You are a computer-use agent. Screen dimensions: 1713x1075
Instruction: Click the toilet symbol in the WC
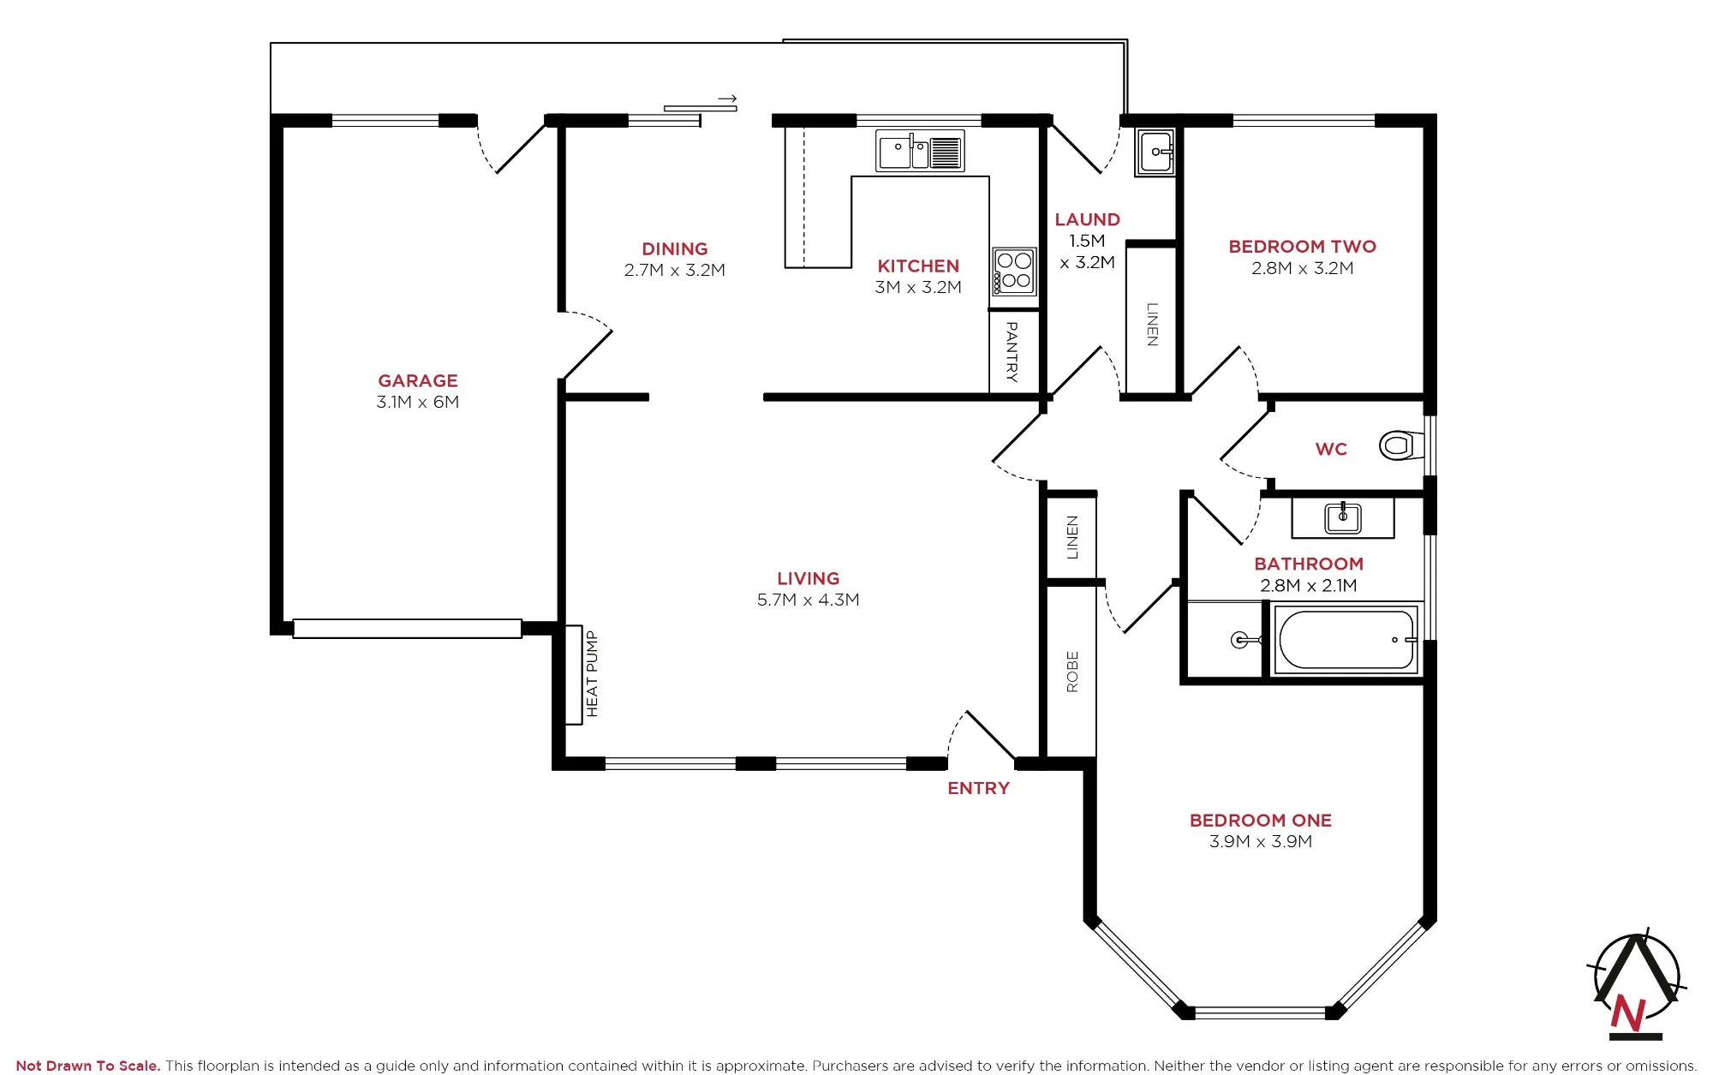tap(1400, 445)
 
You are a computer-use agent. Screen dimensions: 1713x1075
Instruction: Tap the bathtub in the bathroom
tap(1346, 640)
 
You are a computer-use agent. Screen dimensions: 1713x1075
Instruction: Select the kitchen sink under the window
tap(920, 152)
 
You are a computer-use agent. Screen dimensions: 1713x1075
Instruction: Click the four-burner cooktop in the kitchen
tap(1014, 272)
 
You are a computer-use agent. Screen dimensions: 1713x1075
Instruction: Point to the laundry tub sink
tap(1155, 152)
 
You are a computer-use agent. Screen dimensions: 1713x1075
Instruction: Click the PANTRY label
tap(1012, 351)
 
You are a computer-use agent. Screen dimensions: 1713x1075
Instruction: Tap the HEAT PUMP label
tap(592, 674)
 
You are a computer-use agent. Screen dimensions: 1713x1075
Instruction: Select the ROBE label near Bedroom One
tap(1072, 672)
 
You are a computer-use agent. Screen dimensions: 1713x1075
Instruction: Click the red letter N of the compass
tap(1627, 1013)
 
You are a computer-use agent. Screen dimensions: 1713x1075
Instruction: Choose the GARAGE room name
tap(418, 380)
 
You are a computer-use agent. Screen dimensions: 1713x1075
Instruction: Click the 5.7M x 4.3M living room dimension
tap(808, 600)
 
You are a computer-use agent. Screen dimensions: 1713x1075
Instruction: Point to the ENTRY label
tap(978, 788)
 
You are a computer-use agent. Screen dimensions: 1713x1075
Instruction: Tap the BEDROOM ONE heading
tap(1261, 820)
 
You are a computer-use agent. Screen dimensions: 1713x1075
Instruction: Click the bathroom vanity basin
tap(1343, 517)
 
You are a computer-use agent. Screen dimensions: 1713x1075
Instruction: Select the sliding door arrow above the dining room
tap(727, 99)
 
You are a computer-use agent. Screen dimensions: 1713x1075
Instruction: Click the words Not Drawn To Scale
tap(88, 1066)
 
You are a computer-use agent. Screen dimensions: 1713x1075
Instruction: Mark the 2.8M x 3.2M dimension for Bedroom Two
tap(1302, 268)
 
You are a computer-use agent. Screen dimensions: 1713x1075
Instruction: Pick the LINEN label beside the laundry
tap(1153, 325)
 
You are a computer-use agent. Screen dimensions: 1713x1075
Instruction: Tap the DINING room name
tap(675, 248)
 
